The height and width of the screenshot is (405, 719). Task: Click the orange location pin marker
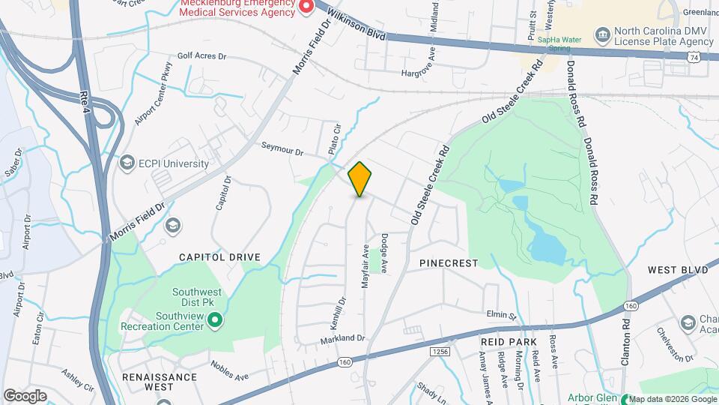click(360, 179)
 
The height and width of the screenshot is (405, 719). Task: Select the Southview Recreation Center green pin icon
click(215, 321)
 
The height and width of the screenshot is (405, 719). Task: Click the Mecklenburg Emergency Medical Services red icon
click(306, 7)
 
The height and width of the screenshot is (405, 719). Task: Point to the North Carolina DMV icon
click(602, 34)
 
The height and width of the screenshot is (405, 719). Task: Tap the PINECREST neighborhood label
click(448, 263)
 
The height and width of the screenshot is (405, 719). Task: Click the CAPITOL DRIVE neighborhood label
click(219, 257)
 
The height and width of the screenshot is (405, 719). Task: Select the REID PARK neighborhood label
click(509, 342)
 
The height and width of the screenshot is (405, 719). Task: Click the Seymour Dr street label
click(282, 149)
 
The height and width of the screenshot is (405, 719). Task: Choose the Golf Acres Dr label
click(201, 55)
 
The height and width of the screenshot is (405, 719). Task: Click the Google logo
click(25, 395)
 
